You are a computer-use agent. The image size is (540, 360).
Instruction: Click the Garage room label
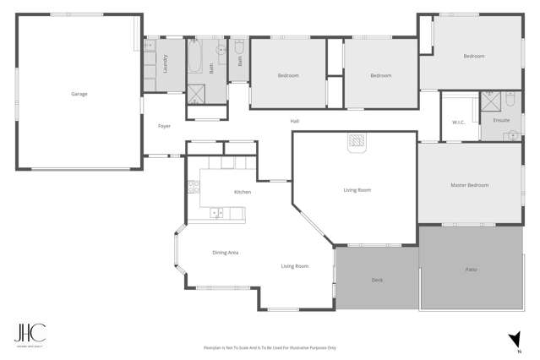(x=79, y=94)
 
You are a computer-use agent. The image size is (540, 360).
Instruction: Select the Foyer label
(x=164, y=126)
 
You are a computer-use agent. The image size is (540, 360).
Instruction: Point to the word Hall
(x=295, y=121)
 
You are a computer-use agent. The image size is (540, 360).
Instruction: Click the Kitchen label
(x=243, y=192)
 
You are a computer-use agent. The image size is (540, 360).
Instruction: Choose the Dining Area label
(x=225, y=253)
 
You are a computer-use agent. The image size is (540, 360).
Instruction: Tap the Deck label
(x=377, y=279)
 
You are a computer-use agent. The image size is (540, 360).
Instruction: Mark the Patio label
(x=471, y=270)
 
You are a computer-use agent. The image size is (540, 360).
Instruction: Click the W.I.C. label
(x=459, y=122)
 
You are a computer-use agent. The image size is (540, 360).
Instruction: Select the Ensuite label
(x=501, y=120)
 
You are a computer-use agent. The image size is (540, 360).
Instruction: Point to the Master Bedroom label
(x=469, y=185)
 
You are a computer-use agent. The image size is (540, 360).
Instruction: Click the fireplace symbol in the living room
(x=356, y=140)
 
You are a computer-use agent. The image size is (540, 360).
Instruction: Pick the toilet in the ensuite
(x=510, y=99)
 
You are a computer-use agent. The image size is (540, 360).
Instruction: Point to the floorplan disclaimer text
(x=270, y=347)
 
